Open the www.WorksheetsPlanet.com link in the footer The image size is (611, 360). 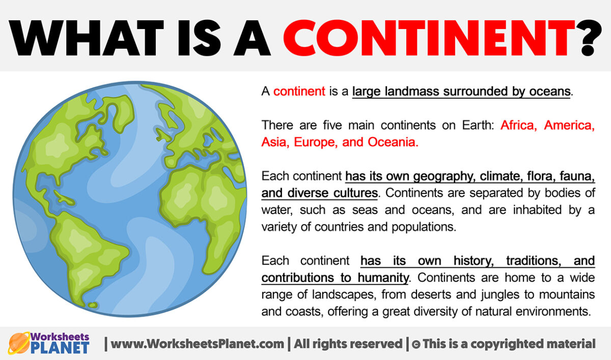click(198, 344)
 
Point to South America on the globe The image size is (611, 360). click(89, 255)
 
